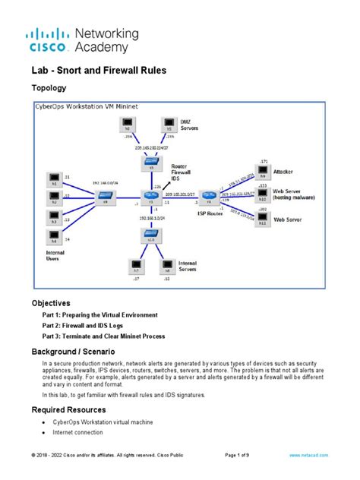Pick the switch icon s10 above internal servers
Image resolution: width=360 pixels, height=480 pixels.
[150, 235]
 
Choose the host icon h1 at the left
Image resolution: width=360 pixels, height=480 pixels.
[54, 180]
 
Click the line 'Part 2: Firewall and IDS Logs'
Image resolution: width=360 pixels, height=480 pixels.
[92, 325]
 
